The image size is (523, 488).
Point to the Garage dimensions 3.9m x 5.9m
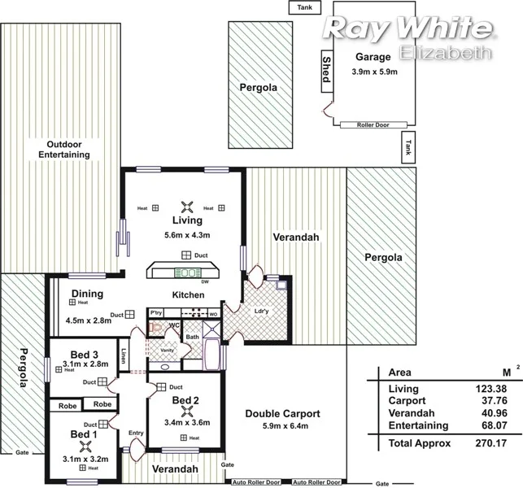(373, 72)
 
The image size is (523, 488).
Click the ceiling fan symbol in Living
(187, 207)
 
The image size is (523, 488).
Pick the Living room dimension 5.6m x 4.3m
(187, 236)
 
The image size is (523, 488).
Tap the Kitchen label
(187, 294)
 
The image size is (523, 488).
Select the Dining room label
(87, 294)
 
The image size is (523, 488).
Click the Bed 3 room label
(84, 354)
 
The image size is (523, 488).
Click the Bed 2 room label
(185, 401)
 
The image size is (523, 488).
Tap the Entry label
(136, 433)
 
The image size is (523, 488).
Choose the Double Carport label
(282, 413)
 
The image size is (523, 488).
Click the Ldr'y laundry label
(262, 312)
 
